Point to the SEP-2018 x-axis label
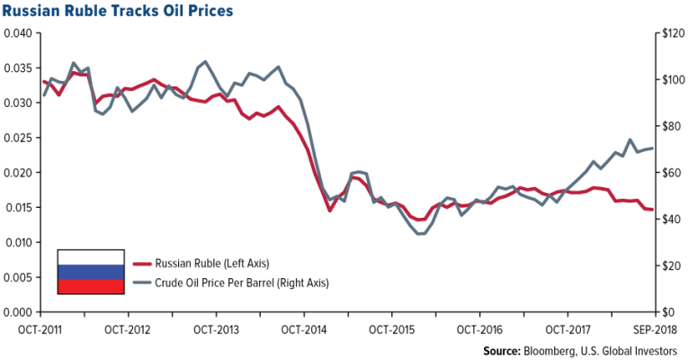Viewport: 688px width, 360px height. [654, 328]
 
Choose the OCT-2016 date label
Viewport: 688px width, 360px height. [479, 328]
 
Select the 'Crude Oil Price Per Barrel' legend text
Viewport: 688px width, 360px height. [210, 283]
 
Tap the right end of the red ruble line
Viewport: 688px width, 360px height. [652, 210]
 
